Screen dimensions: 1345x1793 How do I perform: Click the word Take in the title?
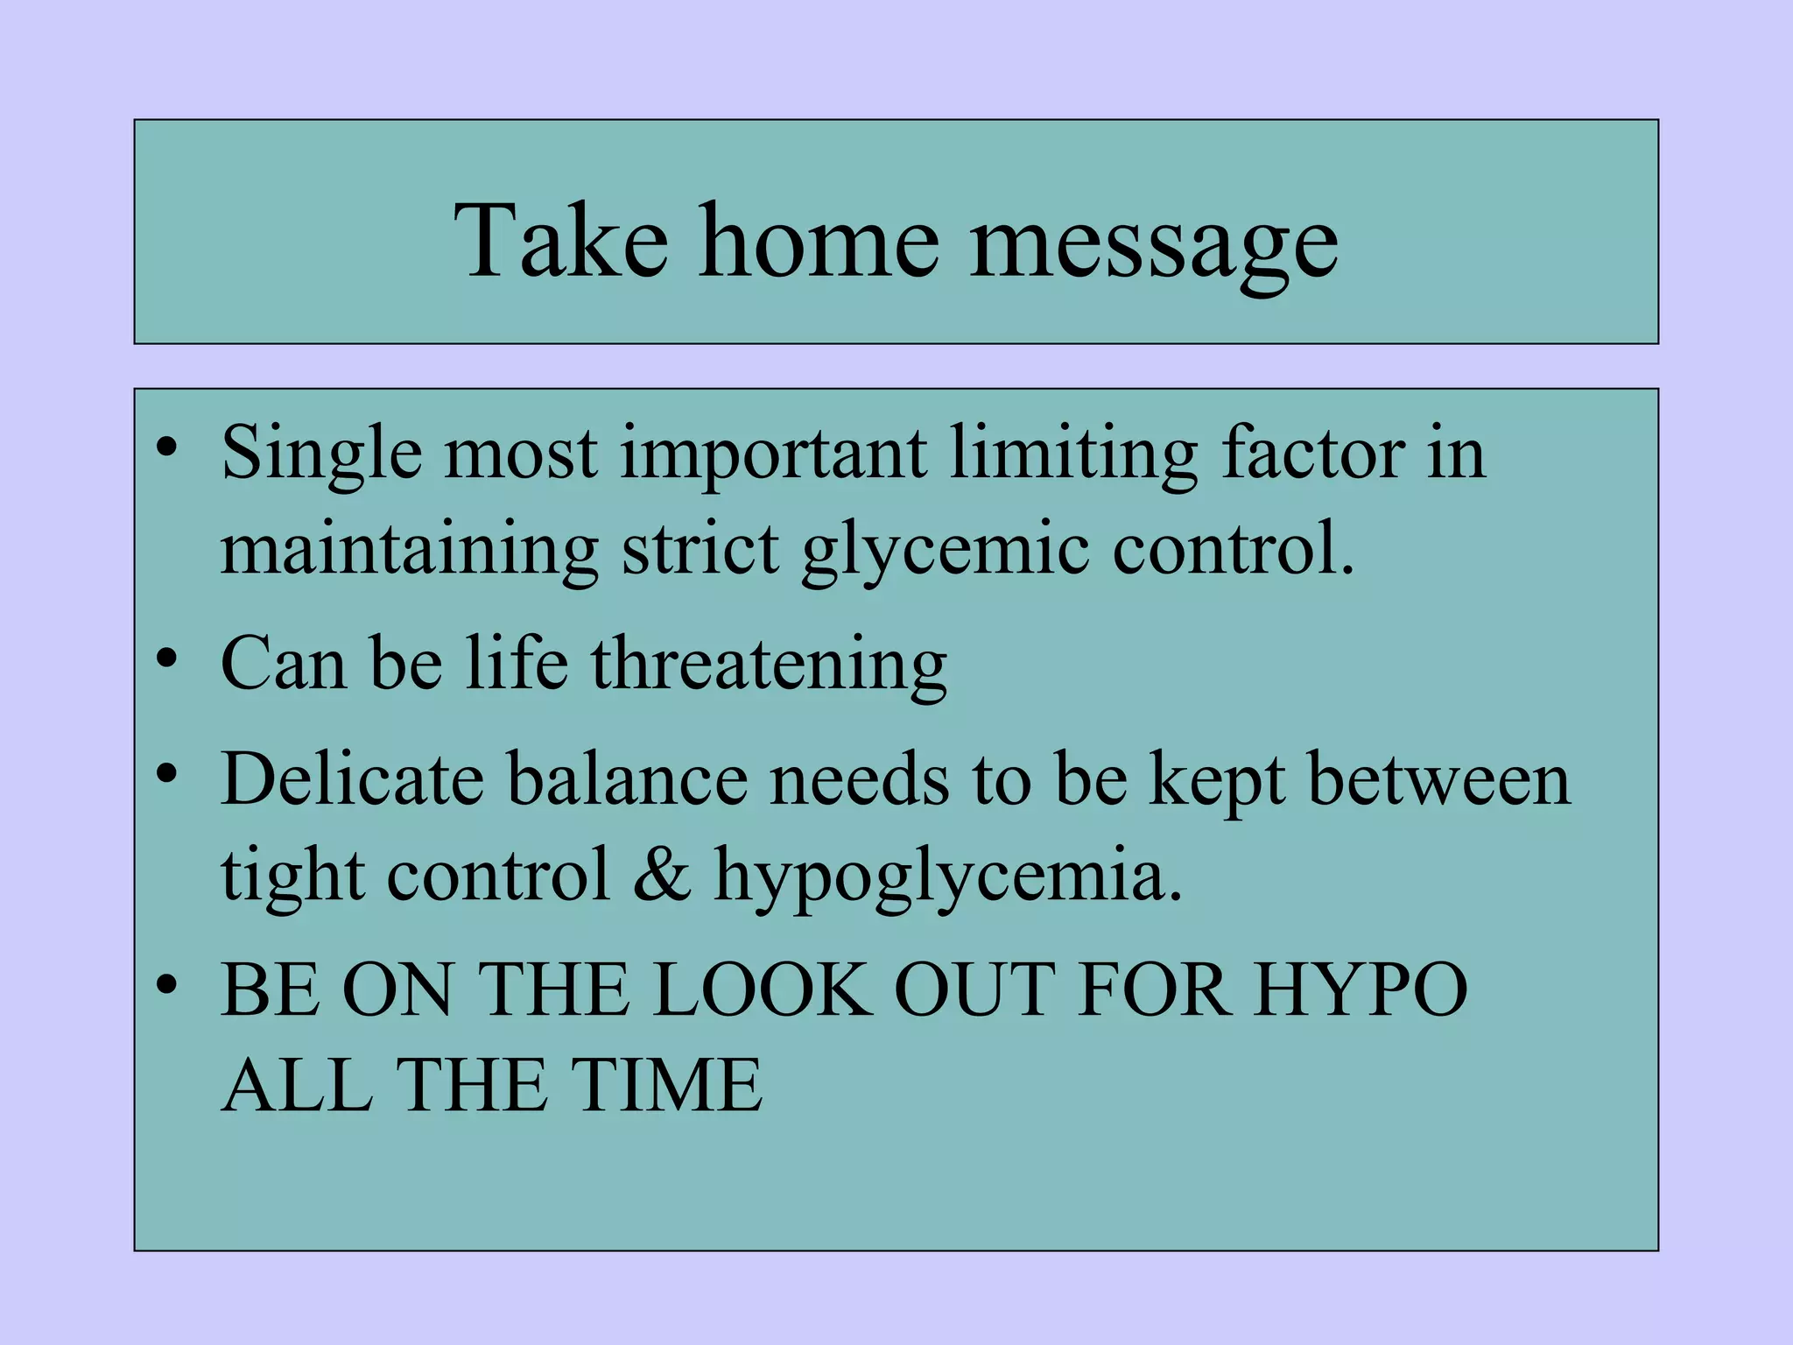pyautogui.click(x=560, y=241)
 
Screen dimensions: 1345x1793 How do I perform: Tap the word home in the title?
pyautogui.click(x=819, y=241)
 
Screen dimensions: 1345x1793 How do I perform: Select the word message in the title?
pyautogui.click(x=1153, y=245)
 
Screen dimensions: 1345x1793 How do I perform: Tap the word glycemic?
pyautogui.click(x=946, y=552)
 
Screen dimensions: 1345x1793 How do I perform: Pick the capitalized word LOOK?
pyautogui.click(x=762, y=989)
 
